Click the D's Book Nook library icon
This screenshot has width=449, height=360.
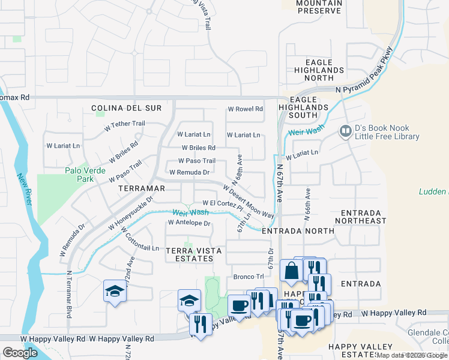pos(345,131)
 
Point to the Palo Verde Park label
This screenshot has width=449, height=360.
pos(85,175)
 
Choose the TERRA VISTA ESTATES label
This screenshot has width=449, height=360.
pos(189,254)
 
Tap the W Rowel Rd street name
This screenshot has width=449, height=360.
pos(245,109)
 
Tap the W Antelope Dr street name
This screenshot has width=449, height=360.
pos(189,223)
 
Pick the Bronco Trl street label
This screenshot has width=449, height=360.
pos(248,277)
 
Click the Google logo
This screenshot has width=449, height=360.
pos(20,353)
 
